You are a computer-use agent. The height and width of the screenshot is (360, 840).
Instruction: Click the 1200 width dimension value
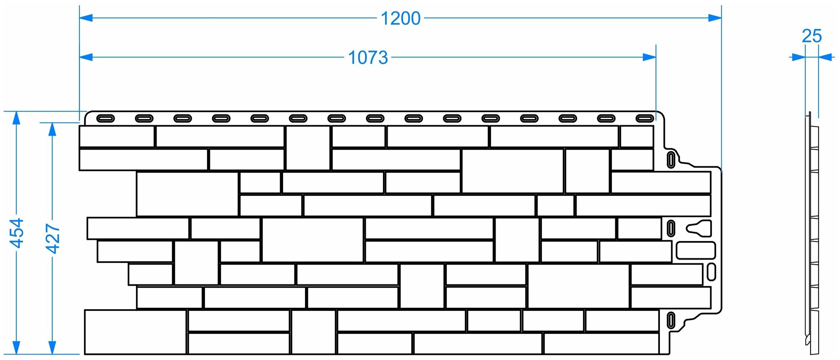(x=400, y=18)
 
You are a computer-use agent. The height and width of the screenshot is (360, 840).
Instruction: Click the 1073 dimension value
(x=368, y=58)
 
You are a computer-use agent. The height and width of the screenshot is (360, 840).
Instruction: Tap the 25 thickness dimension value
(x=811, y=37)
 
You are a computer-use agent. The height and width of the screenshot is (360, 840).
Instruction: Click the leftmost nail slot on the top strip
(x=105, y=118)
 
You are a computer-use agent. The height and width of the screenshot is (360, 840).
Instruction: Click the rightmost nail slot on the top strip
(x=644, y=118)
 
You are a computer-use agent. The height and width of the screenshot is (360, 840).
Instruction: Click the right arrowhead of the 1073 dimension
(x=649, y=57)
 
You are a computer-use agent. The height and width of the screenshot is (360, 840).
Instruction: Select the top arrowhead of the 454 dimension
(x=16, y=118)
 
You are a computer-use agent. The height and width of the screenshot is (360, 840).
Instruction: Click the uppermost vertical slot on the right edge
(x=671, y=160)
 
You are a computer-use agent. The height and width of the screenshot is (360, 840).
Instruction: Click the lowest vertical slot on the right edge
(x=671, y=320)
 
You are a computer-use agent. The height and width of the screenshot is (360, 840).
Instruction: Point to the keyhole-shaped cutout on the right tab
(x=698, y=228)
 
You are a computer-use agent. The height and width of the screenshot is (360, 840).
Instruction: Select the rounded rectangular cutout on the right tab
(x=696, y=250)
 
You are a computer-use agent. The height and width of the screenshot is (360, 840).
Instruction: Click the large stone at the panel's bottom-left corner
(x=135, y=332)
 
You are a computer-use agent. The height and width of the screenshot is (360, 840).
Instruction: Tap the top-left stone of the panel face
(x=117, y=136)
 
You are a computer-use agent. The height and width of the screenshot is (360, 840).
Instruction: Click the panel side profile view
(x=811, y=235)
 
